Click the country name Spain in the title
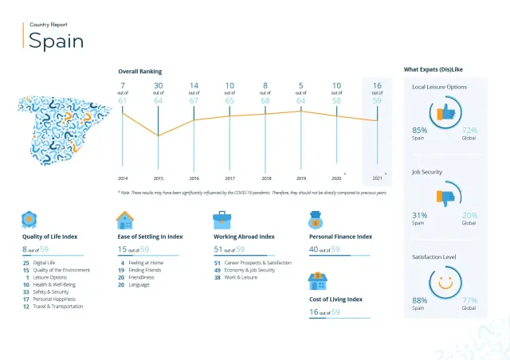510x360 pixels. pyautogui.click(x=56, y=41)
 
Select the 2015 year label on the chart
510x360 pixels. pyautogui.click(x=159, y=178)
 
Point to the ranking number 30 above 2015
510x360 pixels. pyautogui.click(x=159, y=85)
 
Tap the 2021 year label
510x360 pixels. pyautogui.click(x=377, y=178)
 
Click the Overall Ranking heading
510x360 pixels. pyautogui.click(x=139, y=72)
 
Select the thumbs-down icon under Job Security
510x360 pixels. pyautogui.click(x=445, y=196)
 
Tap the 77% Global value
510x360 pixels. pyautogui.click(x=469, y=299)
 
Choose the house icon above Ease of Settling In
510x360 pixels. pyautogui.click(x=124, y=220)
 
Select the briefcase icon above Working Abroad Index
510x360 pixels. pyautogui.click(x=222, y=220)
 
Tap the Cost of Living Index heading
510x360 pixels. pyautogui.click(x=335, y=299)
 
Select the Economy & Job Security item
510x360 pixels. pyautogui.click(x=253, y=270)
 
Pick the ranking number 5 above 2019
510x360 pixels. pyautogui.click(x=301, y=85)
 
